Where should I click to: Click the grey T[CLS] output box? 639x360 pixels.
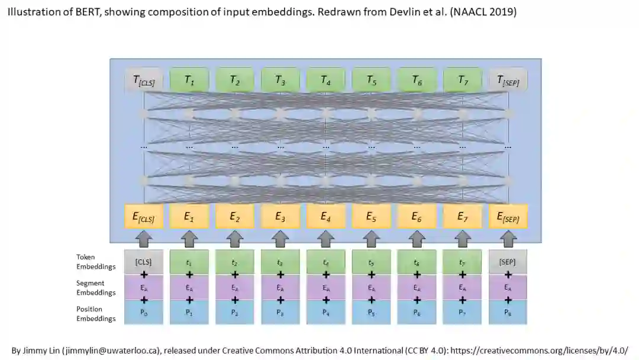pyautogui.click(x=143, y=80)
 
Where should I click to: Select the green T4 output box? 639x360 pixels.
pyautogui.click(x=325, y=80)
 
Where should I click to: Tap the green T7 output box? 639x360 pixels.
pyautogui.click(x=462, y=80)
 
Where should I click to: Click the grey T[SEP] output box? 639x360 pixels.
pyautogui.click(x=508, y=80)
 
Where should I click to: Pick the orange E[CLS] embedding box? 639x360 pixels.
pyautogui.click(x=143, y=217)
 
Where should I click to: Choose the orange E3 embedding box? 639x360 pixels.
pyautogui.click(x=280, y=217)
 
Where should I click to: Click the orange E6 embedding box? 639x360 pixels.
pyautogui.click(x=417, y=217)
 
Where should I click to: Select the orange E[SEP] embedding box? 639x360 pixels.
pyautogui.click(x=508, y=217)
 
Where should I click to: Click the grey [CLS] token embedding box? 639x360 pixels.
pyautogui.click(x=143, y=262)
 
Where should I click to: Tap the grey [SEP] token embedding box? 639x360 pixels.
pyautogui.click(x=508, y=262)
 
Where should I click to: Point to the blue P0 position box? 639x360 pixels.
pyautogui.click(x=143, y=313)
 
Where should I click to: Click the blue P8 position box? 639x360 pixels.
pyautogui.click(x=508, y=313)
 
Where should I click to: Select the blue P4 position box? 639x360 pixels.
pyautogui.click(x=325, y=313)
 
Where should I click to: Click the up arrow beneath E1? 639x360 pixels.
pyautogui.click(x=189, y=239)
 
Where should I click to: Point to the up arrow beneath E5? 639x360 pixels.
pyautogui.click(x=371, y=239)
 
